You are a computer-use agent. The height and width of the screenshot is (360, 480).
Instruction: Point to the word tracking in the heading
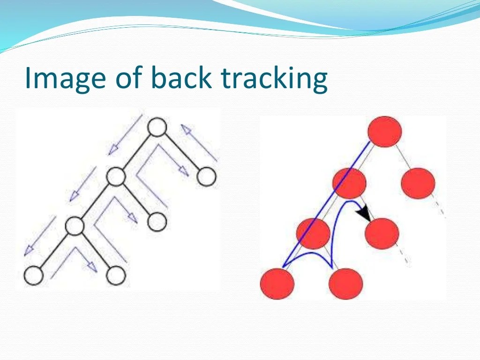tap(274, 78)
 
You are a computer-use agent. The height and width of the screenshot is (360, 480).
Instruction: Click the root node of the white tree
tap(157, 127)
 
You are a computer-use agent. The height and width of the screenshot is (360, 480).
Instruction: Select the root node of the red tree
tap(385, 132)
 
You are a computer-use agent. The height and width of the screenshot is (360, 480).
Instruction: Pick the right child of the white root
tap(206, 177)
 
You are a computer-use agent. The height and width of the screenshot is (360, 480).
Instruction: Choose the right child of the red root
tap(418, 183)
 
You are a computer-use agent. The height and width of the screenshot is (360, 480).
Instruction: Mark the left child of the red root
tap(349, 183)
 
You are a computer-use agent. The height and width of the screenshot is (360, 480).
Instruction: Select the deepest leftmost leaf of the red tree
tap(277, 284)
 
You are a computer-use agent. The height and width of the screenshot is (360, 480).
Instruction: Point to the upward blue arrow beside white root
tap(199, 142)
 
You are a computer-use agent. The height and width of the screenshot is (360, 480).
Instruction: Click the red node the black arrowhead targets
tap(382, 233)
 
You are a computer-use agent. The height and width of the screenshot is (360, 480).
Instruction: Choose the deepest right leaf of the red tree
tap(346, 284)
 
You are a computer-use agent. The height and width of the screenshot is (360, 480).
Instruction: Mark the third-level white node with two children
tap(74, 226)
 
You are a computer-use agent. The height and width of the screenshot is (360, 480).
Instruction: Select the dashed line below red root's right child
tap(440, 209)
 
